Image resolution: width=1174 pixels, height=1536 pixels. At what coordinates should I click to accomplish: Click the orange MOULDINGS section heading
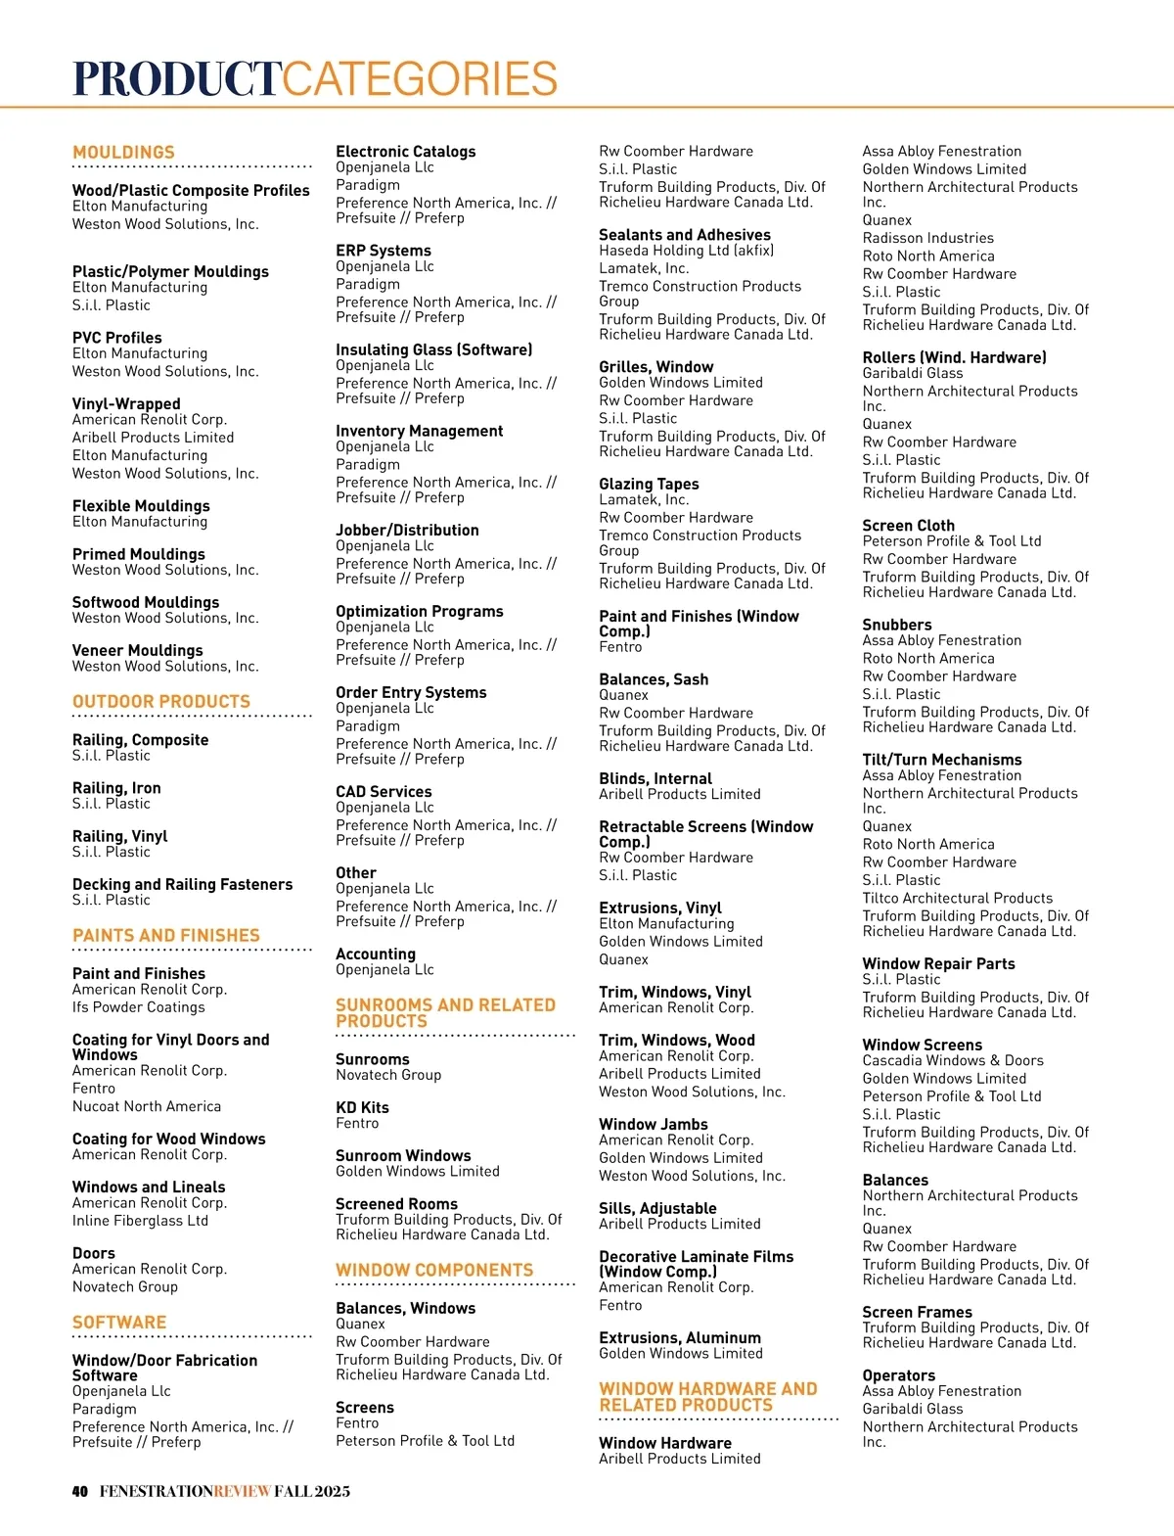coord(123,153)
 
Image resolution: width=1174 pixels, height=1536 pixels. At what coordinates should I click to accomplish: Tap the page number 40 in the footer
coord(80,1491)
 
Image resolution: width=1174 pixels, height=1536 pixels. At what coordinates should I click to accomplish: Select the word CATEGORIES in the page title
coord(421,79)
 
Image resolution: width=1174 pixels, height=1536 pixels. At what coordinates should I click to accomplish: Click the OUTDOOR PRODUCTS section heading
coord(161,702)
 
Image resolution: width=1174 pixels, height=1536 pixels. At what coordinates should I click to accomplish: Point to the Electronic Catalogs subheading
coord(406,152)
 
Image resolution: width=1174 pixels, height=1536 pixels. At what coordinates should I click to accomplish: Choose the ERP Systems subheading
coord(384,251)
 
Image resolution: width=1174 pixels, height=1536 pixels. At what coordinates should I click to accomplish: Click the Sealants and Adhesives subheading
coord(685,235)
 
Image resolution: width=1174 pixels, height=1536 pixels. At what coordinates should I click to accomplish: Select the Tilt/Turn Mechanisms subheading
coord(942,760)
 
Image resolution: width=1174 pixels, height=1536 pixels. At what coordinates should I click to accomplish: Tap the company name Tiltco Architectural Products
coord(958,898)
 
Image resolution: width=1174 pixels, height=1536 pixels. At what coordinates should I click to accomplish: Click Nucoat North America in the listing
coord(147,1106)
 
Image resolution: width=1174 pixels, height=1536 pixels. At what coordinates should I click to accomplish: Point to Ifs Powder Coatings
coord(139,1007)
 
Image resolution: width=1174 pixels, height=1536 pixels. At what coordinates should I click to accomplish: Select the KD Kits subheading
coord(362,1107)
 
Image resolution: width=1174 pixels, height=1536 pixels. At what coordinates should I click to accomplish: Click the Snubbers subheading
coord(897,625)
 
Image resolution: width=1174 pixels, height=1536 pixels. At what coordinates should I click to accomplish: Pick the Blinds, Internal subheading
coord(655,778)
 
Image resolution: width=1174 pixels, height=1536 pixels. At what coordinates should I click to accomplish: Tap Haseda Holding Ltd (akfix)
coord(687,251)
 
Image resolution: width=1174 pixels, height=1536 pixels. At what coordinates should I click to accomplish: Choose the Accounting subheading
coord(376,954)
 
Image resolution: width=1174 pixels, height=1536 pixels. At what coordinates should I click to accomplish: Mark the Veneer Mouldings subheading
coord(138,650)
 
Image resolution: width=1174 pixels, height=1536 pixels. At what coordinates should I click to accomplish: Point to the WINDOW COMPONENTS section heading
coord(434,1270)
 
